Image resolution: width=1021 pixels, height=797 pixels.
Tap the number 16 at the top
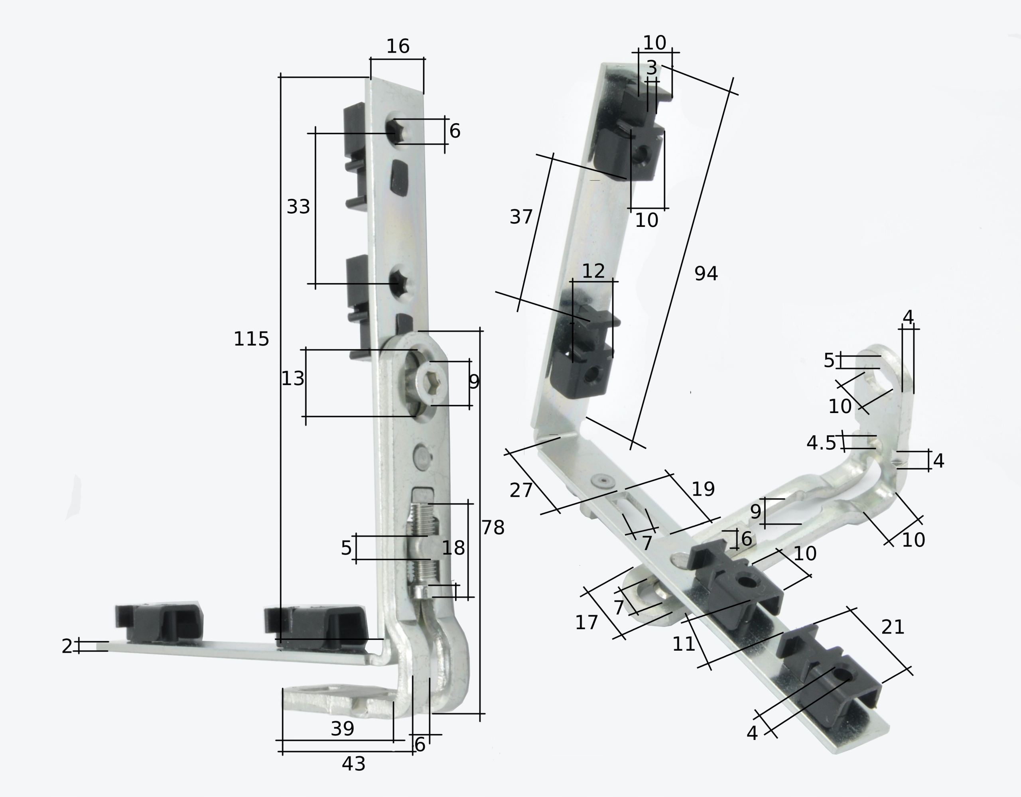tap(398, 46)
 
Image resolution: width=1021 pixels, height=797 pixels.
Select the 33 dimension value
tap(298, 207)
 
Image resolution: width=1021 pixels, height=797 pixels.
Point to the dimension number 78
tap(493, 528)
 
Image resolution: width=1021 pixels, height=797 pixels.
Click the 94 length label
tap(706, 274)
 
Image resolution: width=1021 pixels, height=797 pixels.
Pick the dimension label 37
tap(521, 217)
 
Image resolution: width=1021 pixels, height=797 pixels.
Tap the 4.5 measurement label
tap(821, 443)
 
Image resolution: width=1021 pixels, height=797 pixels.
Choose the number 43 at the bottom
tap(353, 764)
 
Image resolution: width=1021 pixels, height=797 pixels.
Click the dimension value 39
tap(342, 729)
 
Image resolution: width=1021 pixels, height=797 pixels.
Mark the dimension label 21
tap(893, 627)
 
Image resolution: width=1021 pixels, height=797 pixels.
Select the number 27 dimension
tap(521, 490)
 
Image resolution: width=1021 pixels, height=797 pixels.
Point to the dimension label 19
tap(703, 489)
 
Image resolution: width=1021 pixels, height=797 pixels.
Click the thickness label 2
tap(67, 646)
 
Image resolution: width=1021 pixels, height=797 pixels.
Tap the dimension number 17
tap(587, 623)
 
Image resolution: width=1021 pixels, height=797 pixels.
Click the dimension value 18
tap(453, 548)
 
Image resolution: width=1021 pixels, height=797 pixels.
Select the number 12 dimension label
tap(593, 271)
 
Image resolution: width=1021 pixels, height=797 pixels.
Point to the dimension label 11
tap(684, 644)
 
